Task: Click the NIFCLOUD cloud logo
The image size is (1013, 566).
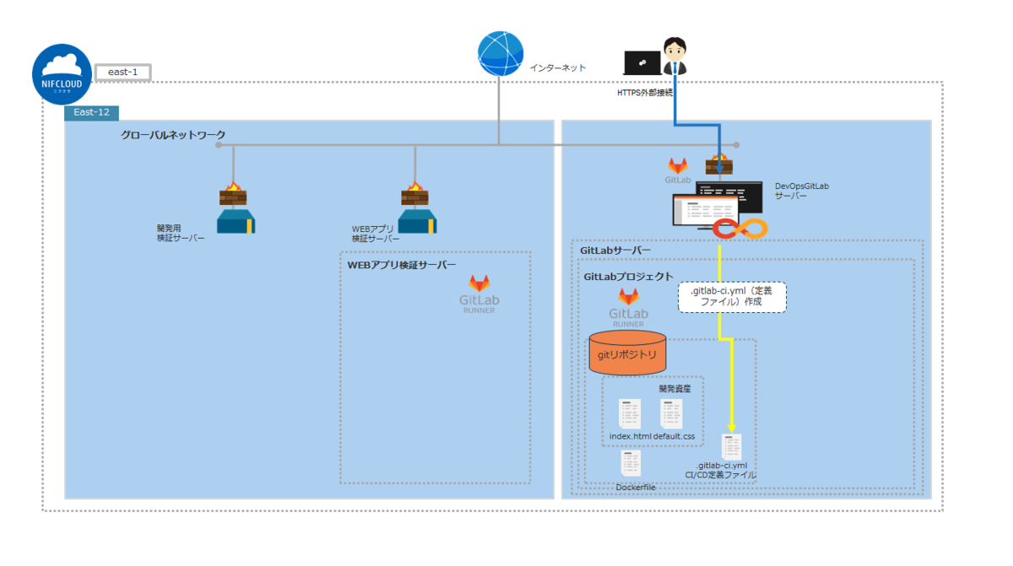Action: pyautogui.click(x=64, y=75)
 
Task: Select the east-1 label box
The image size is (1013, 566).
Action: pyautogui.click(x=122, y=73)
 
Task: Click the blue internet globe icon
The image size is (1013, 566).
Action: pyautogui.click(x=500, y=54)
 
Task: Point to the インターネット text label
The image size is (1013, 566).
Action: pyautogui.click(x=557, y=67)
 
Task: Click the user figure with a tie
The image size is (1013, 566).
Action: pyautogui.click(x=674, y=57)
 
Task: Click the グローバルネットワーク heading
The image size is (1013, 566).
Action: pyautogui.click(x=173, y=135)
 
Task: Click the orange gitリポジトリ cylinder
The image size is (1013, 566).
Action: pyautogui.click(x=626, y=353)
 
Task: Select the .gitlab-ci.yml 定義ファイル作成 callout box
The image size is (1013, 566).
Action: pyautogui.click(x=732, y=297)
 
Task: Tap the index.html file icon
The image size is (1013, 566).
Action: pyautogui.click(x=630, y=414)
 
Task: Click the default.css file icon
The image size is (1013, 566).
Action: pyautogui.click(x=672, y=414)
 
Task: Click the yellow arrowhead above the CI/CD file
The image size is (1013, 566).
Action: pyautogui.click(x=731, y=426)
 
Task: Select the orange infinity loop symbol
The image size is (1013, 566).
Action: pyautogui.click(x=739, y=228)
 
